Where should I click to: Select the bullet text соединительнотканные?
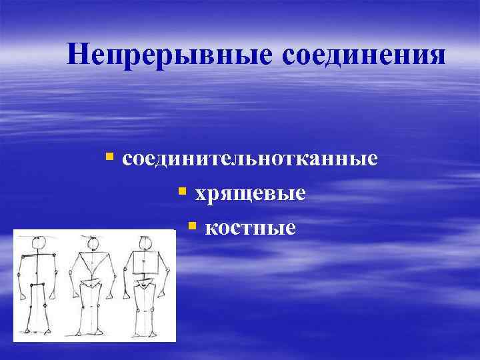(251, 159)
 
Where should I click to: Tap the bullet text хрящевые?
(250, 193)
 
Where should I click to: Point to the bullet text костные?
(250, 228)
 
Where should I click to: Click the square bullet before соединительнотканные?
(110, 158)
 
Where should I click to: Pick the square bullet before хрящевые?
(181, 192)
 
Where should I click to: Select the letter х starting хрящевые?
(200, 194)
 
